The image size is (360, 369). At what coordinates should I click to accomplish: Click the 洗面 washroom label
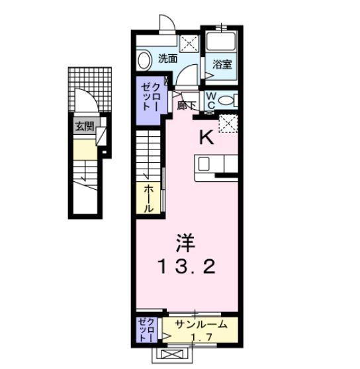[x=167, y=58]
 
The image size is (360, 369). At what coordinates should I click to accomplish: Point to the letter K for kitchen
[x=206, y=138]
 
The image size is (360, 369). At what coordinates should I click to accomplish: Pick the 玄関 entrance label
[x=84, y=126]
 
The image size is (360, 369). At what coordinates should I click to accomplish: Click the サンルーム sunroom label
[x=200, y=325]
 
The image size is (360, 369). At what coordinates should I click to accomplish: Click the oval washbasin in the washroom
[x=144, y=61]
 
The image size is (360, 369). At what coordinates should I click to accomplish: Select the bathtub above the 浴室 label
[x=221, y=41]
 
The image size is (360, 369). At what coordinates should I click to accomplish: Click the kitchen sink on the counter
[x=204, y=163]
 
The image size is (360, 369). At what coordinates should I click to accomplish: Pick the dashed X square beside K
[x=228, y=123]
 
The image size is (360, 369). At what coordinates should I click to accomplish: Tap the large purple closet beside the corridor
[x=149, y=99]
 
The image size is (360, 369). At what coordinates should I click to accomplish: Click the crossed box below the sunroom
[x=167, y=355]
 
